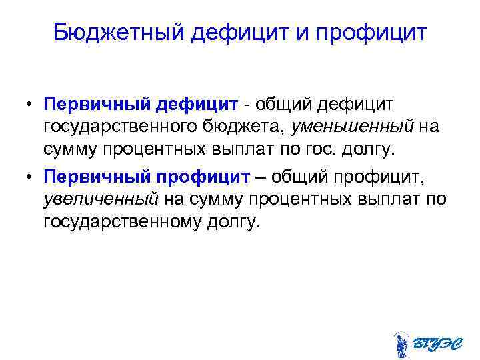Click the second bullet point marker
pyautogui.click(x=31, y=177)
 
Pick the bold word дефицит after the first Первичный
pyautogui.click(x=197, y=105)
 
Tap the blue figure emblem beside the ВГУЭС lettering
pyautogui.click(x=401, y=342)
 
